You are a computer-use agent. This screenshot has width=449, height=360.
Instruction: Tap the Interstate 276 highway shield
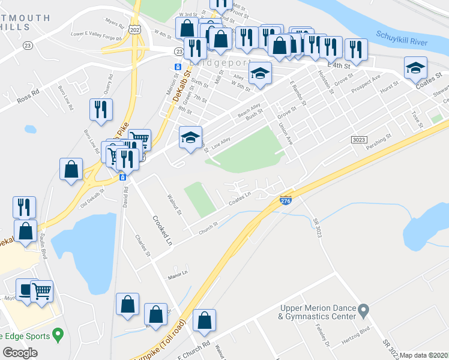[x=286, y=201]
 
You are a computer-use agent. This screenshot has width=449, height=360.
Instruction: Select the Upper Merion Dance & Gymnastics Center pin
[x=363, y=311]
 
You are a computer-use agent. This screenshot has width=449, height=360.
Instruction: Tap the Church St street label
[x=207, y=227]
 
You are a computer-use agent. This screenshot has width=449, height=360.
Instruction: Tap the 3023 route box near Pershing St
[x=358, y=139]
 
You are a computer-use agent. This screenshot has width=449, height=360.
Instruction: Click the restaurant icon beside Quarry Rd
[x=100, y=109]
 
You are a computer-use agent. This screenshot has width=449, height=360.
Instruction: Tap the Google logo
[x=20, y=352]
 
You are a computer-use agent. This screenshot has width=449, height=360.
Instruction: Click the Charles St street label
[x=143, y=245]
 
